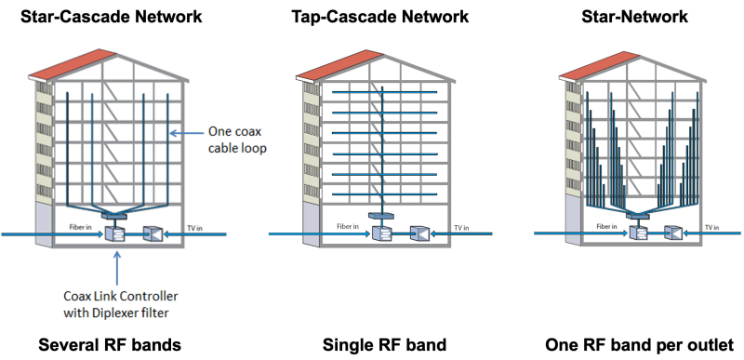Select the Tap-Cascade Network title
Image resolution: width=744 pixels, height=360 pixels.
372,16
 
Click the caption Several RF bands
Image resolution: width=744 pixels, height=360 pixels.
110,345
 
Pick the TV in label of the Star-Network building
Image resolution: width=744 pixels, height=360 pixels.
712,225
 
